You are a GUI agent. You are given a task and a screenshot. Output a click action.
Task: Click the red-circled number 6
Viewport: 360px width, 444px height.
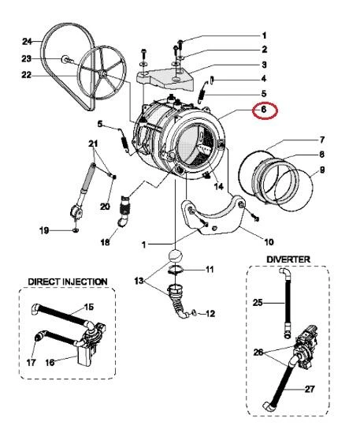pos(264,110)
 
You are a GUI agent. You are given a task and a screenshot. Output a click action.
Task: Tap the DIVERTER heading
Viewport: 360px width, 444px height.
pos(288,259)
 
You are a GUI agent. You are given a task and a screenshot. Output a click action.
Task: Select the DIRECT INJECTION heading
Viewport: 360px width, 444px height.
pos(68,282)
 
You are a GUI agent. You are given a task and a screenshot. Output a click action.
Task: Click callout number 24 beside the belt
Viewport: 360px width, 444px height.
pos(27,42)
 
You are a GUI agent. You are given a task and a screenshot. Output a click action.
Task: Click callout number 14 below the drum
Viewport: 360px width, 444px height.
pos(218,186)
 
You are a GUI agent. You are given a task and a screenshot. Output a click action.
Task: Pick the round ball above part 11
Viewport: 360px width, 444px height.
pos(176,256)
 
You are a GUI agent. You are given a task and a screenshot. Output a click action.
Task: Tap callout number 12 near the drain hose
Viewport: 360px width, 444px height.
pos(210,313)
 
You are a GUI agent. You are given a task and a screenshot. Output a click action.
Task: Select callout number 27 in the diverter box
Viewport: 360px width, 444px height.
pos(310,389)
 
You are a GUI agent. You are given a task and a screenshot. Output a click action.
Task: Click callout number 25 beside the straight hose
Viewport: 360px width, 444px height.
pos(258,303)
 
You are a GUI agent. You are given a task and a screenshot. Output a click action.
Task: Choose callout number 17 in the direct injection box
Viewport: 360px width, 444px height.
pos(31,362)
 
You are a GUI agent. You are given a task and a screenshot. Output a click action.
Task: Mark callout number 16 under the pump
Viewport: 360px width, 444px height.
pos(50,362)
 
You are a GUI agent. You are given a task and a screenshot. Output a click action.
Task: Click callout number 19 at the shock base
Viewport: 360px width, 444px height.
pos(44,230)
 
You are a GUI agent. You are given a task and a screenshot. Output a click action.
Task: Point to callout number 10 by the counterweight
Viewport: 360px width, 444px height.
pos(269,242)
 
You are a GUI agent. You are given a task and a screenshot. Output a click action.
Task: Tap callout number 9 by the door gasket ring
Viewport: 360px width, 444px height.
pos(322,170)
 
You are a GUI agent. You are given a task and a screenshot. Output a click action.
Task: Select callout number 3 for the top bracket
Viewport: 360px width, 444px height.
pos(264,65)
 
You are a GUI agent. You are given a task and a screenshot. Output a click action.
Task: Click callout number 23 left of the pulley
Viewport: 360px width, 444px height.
pos(26,59)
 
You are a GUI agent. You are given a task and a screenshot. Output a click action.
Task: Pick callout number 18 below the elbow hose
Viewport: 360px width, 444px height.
pos(105,242)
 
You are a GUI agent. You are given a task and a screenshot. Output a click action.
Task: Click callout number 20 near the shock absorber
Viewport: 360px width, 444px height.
pos(105,207)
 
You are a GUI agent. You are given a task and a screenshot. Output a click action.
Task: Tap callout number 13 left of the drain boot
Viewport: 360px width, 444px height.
pos(139,281)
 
